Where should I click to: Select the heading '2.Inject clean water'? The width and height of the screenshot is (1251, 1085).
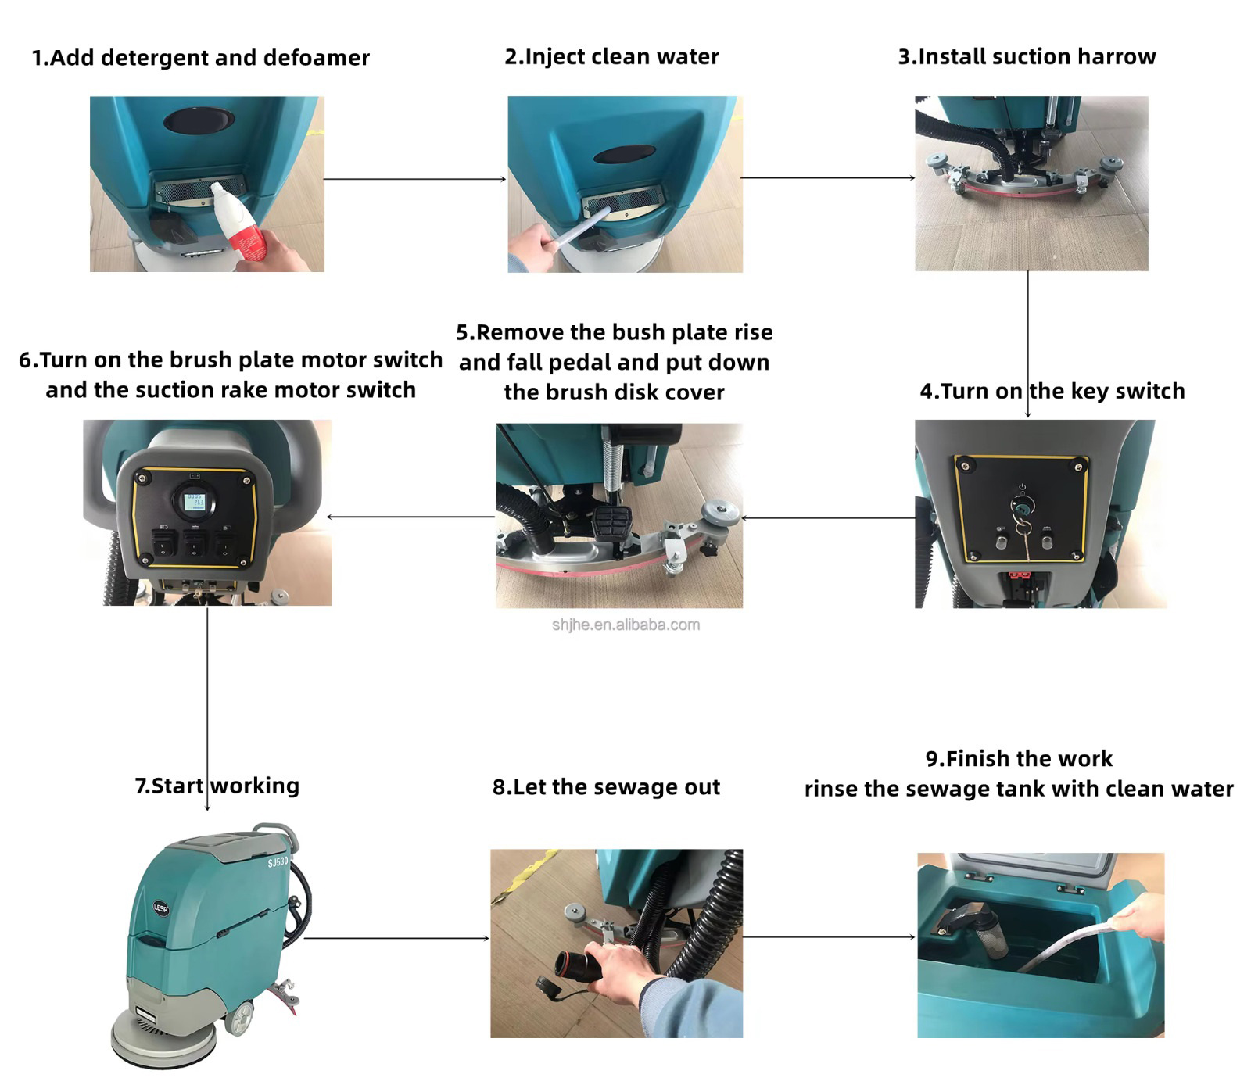[x=611, y=57]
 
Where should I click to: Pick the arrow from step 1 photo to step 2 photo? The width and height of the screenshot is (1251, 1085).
[x=415, y=179]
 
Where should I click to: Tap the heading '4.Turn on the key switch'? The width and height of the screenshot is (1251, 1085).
[x=1052, y=391]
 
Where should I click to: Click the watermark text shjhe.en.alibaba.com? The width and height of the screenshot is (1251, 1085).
[x=625, y=625]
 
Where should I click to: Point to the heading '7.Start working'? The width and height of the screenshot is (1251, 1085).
[x=217, y=786]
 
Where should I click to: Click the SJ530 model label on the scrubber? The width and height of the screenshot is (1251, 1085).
[x=278, y=862]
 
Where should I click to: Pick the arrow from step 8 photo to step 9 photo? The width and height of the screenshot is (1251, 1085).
[x=829, y=937]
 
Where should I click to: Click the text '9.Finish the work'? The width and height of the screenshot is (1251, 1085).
[x=1019, y=758]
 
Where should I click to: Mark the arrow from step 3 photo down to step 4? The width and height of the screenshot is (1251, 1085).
[x=1028, y=345]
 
